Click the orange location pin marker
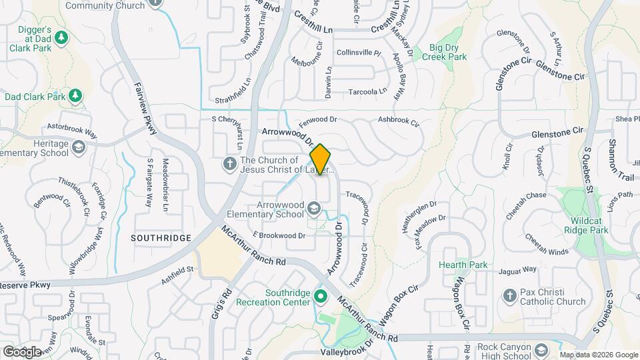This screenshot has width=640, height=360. tap(321, 159)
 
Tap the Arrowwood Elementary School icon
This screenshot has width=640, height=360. tap(313, 210)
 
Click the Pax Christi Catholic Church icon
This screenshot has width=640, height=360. tap(510, 295)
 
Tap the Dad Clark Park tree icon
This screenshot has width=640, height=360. tap(75, 97)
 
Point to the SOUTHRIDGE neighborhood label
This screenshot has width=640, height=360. tap(161, 238)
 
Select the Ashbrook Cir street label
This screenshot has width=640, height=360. tap(398, 123)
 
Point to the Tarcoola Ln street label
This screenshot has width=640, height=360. tap(364, 92)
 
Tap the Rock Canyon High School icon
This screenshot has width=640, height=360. tap(543, 348)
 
